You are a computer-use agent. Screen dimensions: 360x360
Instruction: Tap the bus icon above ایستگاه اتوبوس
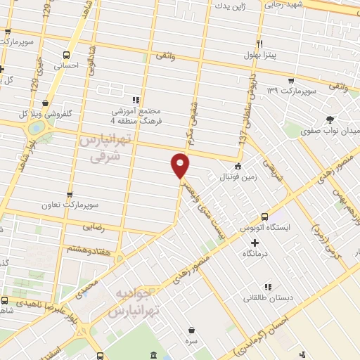[264, 217]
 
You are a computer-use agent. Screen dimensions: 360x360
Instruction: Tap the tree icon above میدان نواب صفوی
[330, 119]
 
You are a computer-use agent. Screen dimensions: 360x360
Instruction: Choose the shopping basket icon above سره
[191, 330]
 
